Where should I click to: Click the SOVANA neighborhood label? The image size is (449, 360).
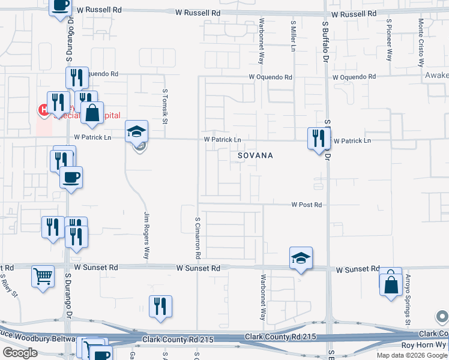[255, 155]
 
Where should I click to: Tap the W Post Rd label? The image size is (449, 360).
[307, 205]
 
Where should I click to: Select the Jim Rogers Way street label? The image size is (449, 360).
[146, 236]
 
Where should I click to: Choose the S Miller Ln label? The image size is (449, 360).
[294, 37]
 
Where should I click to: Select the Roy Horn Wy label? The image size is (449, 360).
[424, 345]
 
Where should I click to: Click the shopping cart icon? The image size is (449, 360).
[43, 277]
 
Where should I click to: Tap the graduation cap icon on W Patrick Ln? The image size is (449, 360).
[137, 131]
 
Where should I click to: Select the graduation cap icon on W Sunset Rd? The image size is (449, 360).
[301, 257]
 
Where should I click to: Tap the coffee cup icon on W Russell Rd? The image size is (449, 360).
[60, 6]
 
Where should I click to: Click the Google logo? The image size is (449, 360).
[20, 353]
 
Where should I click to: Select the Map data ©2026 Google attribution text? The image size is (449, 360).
[411, 355]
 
